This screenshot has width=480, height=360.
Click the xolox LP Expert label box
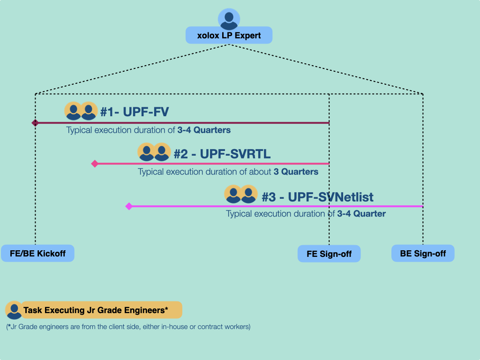(229, 36)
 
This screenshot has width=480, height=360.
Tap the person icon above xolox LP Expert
(229, 19)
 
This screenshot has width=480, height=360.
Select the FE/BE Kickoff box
(37, 253)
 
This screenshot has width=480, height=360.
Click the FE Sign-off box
(329, 254)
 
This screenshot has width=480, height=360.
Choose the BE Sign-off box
(423, 253)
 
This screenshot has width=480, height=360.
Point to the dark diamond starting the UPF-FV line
(35, 123)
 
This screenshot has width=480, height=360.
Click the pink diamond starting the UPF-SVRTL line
(95, 164)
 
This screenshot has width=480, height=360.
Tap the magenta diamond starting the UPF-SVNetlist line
(129, 206)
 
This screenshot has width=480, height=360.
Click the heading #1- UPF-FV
(135, 112)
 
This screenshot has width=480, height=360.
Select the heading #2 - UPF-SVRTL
(222, 154)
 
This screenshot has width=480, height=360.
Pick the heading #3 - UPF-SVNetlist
(317, 197)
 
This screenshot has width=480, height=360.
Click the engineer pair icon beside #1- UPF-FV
(81, 112)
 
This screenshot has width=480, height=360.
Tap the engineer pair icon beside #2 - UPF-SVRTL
(154, 152)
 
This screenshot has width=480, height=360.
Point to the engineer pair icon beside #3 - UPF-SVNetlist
(241, 195)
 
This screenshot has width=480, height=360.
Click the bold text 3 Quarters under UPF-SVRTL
(296, 172)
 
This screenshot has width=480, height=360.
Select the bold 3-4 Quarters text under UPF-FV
(204, 130)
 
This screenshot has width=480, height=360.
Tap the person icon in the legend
(14, 310)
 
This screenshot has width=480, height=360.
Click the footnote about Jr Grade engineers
(128, 327)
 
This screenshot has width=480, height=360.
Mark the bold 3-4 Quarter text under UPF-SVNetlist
(361, 214)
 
